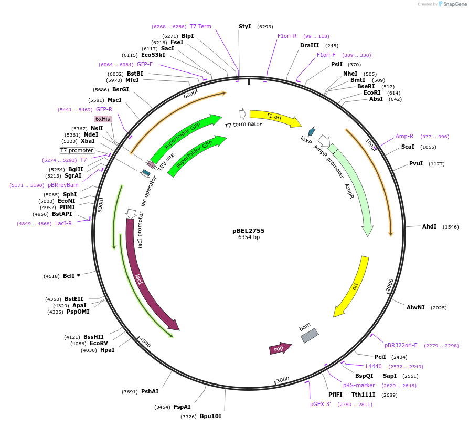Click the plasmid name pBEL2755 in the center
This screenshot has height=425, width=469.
[249, 230]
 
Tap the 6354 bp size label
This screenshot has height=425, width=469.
[249, 237]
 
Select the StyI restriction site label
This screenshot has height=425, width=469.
[244, 26]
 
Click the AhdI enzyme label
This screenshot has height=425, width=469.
[429, 226]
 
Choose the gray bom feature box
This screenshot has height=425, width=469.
[309, 335]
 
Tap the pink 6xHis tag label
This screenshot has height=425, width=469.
[103, 119]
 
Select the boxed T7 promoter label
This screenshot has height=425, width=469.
[77, 150]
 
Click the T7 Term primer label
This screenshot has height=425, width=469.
[200, 26]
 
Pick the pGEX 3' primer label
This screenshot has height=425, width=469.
[320, 404]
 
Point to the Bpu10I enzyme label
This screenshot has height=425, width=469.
[210, 416]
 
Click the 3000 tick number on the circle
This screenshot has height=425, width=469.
[283, 380]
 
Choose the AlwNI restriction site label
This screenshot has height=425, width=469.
[415, 307]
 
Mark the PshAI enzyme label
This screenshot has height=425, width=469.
[150, 391]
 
